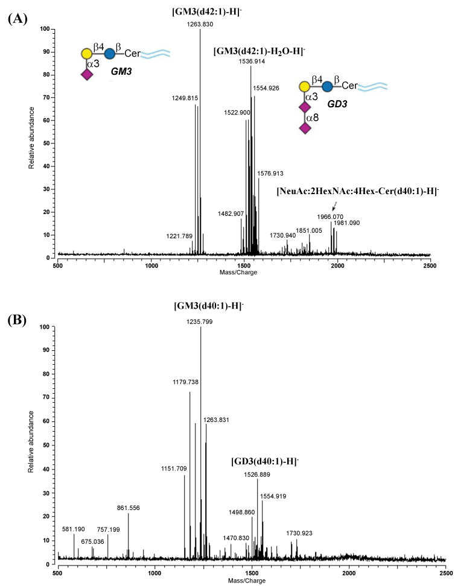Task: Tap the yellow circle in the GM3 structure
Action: [87, 54]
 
